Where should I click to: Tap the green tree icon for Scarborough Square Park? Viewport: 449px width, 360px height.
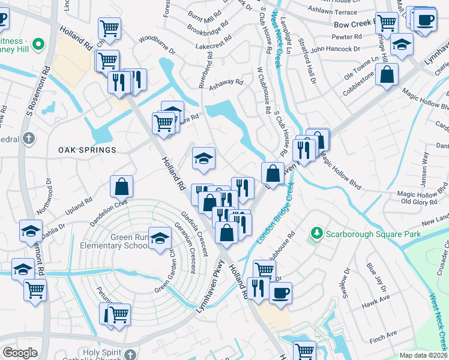(316, 232)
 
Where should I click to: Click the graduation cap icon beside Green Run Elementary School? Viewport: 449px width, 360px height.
(160, 238)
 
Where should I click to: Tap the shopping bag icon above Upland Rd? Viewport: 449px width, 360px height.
(122, 186)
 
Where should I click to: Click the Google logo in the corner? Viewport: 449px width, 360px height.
(20, 353)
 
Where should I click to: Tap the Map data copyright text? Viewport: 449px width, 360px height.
(424, 355)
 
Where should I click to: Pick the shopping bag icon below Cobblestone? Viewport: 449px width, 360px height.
(388, 74)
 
